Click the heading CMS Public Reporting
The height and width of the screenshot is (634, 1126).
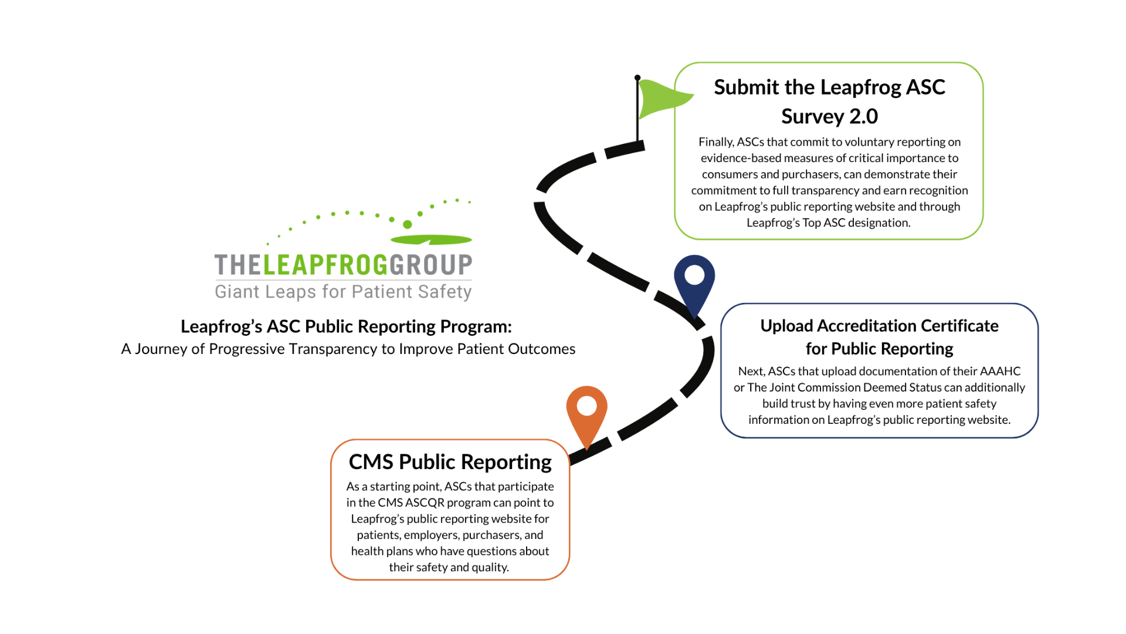click(x=450, y=462)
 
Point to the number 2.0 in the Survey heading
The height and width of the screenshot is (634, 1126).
click(x=863, y=116)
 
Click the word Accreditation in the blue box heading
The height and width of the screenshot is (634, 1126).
click(x=867, y=326)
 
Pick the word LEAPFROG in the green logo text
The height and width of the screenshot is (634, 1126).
click(x=325, y=265)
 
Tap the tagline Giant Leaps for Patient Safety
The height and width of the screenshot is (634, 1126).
click(x=343, y=292)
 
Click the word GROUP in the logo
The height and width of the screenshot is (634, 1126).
click(x=431, y=265)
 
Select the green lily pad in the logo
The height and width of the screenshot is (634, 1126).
click(x=431, y=240)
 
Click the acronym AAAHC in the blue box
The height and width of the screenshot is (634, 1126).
click(x=1000, y=371)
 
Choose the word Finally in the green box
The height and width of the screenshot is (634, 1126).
click(x=715, y=142)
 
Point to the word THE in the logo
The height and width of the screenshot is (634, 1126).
click(x=238, y=265)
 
